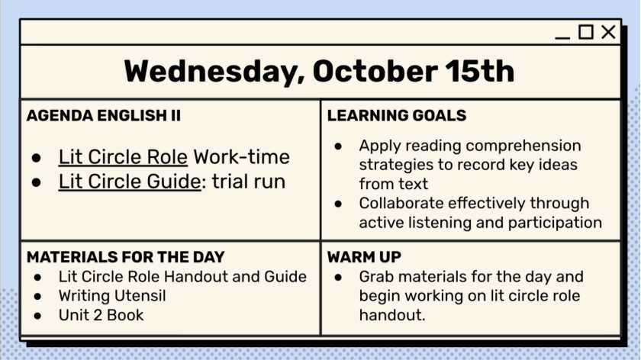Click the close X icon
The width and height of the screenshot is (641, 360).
tap(608, 32)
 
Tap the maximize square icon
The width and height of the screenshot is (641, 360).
tap(586, 32)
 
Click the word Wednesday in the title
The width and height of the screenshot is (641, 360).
tap(214, 72)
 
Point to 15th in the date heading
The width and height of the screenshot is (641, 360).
tap(479, 72)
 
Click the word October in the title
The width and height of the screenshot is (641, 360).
tap(375, 72)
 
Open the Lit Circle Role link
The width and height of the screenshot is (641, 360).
tap(123, 157)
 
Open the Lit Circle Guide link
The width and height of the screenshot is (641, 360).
tap(130, 182)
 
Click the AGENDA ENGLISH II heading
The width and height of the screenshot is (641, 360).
tap(104, 116)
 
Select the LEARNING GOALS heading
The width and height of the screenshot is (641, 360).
tap(397, 116)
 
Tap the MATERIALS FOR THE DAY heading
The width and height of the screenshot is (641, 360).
tap(125, 257)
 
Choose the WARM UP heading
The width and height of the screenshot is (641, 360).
tap(364, 257)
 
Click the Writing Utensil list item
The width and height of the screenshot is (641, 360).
tap(112, 296)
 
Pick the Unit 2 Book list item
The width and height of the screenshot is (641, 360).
tap(101, 315)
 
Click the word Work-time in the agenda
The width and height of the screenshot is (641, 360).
tap(242, 157)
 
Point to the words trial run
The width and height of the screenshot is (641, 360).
tap(249, 182)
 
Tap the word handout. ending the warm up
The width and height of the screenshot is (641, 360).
tap(392, 315)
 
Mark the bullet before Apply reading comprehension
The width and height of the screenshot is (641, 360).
tap(338, 146)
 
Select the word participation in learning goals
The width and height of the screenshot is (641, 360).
tap(555, 223)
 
